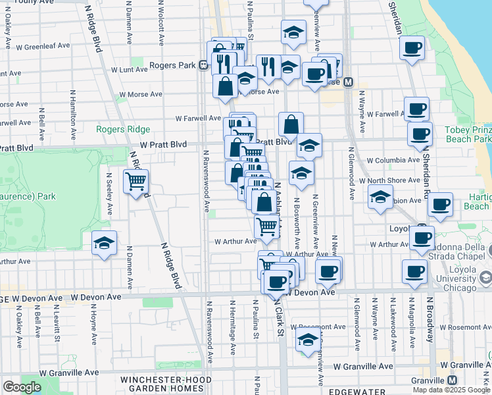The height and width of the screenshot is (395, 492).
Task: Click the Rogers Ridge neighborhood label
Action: [x=123, y=130]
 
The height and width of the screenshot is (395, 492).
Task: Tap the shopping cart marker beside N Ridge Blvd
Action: [x=135, y=181]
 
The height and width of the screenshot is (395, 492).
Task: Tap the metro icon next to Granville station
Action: [x=453, y=381]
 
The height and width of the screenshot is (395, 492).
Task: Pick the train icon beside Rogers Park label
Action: [x=204, y=65]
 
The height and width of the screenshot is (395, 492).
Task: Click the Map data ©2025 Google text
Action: [x=451, y=390]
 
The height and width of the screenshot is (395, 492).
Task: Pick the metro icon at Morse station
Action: [x=349, y=82]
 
